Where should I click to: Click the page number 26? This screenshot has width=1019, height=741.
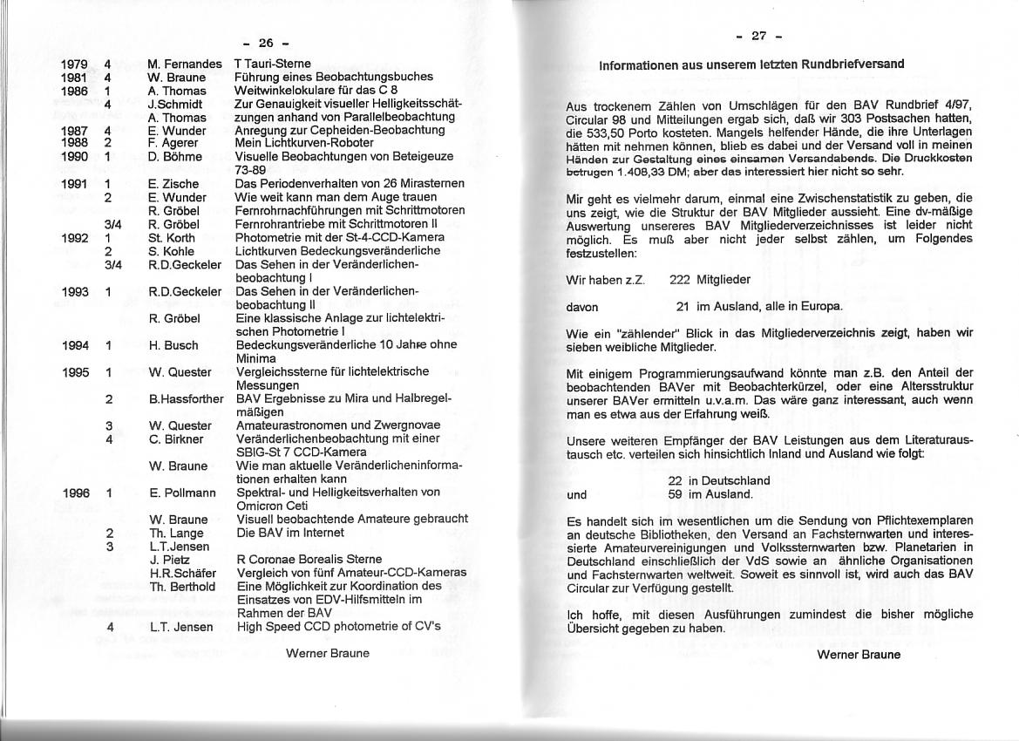(266, 43)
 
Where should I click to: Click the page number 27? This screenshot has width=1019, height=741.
(759, 36)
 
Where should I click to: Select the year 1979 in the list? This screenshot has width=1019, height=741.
(75, 64)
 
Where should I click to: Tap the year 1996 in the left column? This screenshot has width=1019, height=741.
(76, 493)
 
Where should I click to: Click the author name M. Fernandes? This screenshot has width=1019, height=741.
(184, 64)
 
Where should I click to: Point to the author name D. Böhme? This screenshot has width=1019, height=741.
(175, 157)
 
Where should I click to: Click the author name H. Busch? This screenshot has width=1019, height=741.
(174, 345)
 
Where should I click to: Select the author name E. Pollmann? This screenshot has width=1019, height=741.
(181, 493)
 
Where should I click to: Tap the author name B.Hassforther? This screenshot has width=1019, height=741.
(186, 398)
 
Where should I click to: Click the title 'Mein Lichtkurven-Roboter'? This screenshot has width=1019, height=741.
(304, 143)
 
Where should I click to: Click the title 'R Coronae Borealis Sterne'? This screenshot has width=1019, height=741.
(309, 559)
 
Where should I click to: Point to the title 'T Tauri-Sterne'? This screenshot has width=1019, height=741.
(273, 64)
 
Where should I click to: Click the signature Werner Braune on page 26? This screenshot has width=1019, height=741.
(328, 653)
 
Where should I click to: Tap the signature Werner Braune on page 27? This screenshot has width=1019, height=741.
(859, 654)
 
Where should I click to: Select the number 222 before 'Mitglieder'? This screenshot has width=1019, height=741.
(681, 280)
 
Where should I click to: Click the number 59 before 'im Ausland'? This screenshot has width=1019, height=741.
(675, 494)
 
